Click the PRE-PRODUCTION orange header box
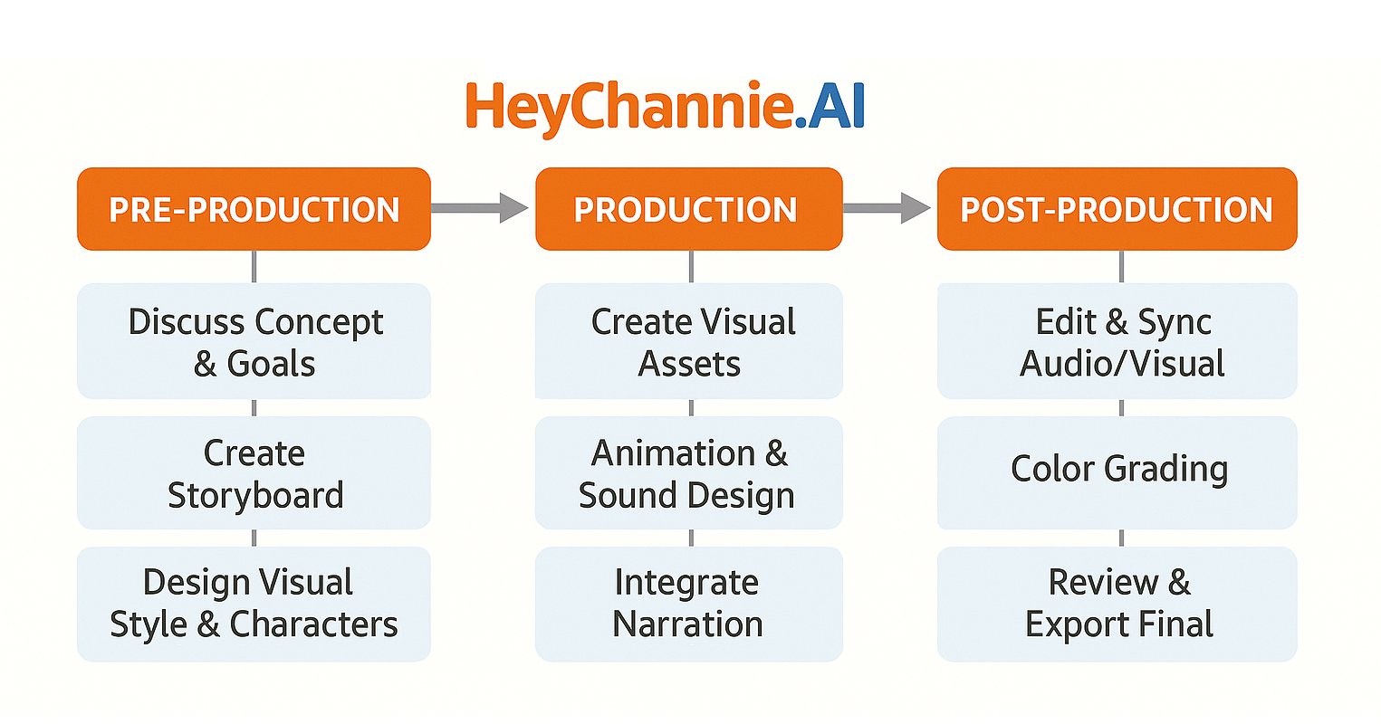coord(254,209)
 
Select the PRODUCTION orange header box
coord(688,209)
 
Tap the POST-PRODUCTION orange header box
coord(1117,209)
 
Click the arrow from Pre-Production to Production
coord(480,207)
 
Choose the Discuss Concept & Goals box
coord(254,341)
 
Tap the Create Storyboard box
coord(254,472)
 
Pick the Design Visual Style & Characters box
coord(254,604)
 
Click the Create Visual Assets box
coord(689,341)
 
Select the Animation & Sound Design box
coord(689,472)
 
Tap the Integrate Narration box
coord(689,604)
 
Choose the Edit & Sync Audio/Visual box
coord(1117,341)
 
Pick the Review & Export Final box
coord(1117,604)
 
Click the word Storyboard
coord(255,496)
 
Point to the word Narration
coord(687,624)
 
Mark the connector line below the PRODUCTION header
coord(691,267)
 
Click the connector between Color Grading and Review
coord(1122,538)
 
